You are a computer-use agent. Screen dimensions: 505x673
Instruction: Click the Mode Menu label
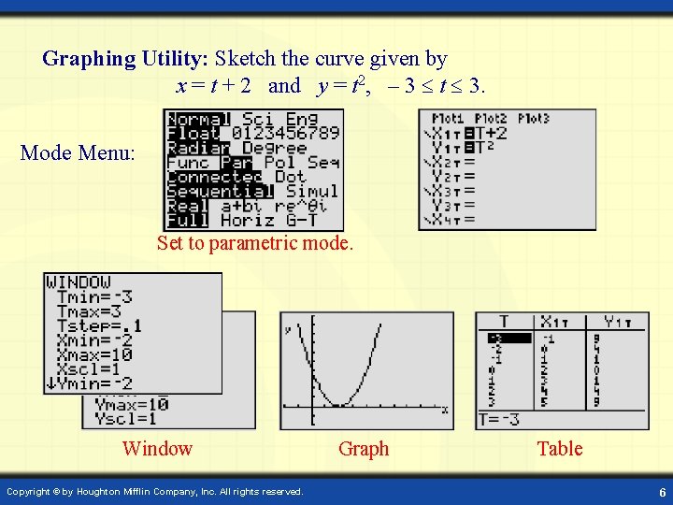[78, 152]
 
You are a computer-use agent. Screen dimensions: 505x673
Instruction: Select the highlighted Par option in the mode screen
[236, 162]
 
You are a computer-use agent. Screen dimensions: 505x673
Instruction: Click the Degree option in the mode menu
[275, 148]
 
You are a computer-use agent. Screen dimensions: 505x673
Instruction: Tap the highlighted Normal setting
[197, 119]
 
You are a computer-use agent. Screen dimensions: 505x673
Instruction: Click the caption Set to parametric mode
[255, 243]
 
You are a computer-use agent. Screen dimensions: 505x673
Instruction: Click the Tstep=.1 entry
[99, 325]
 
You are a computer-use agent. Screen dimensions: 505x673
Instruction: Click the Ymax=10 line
[131, 405]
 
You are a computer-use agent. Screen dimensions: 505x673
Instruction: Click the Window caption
[157, 449]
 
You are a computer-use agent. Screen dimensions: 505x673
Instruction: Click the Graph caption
[364, 449]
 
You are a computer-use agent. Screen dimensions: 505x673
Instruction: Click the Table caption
[560, 449]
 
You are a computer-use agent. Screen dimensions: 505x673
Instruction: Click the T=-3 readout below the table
[500, 420]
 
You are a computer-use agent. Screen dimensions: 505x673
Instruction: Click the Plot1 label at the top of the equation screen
[448, 119]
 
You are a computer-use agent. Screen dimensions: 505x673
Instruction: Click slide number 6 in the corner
[661, 492]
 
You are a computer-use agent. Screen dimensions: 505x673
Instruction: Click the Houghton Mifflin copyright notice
[155, 491]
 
